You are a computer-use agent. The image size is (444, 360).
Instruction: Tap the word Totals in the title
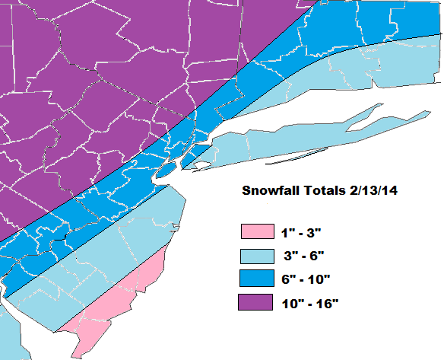(319, 190)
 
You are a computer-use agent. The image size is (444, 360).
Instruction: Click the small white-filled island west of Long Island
(201, 165)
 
